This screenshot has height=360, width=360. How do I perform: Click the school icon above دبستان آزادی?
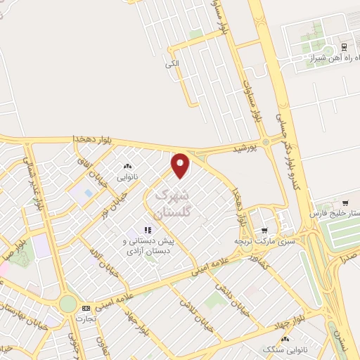(x=148, y=230)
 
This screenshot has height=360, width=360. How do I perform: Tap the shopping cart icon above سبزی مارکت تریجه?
(x=264, y=229)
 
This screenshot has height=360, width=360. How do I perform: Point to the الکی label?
(x=173, y=64)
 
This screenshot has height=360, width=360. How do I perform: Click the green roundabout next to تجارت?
(x=67, y=304)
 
